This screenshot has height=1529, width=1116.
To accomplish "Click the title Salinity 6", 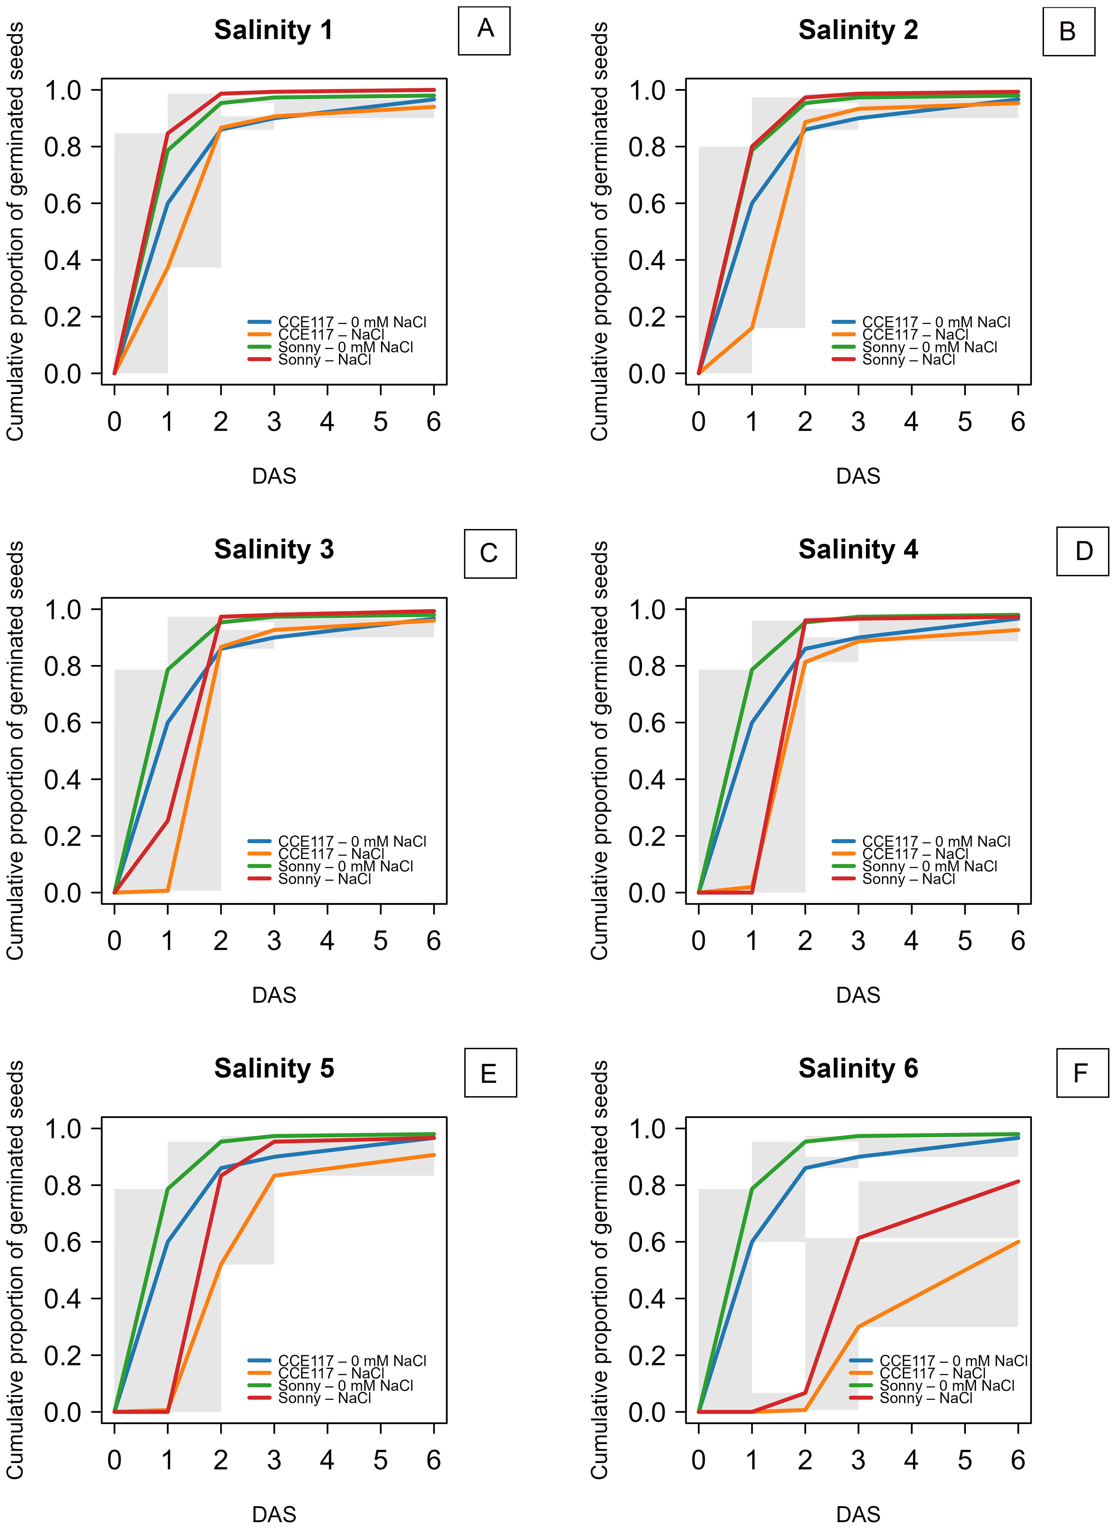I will tap(858, 1068).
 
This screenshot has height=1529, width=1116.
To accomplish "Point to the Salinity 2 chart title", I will tap(858, 31).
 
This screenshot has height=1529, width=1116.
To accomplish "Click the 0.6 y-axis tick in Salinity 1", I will tap(62, 203).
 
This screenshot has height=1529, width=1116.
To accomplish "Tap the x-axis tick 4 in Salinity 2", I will tap(911, 422).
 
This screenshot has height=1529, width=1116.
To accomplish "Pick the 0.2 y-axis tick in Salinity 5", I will tap(62, 1356).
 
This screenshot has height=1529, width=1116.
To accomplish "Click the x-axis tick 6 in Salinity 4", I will tap(1018, 941).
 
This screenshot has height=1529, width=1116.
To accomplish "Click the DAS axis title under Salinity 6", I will tap(858, 1514).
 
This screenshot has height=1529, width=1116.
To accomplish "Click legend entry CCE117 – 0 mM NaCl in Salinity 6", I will tap(953, 1361).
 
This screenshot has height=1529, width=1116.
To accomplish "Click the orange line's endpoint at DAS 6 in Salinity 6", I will tap(1018, 1242).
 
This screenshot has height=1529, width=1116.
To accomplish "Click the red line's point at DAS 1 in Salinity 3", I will tap(168, 821).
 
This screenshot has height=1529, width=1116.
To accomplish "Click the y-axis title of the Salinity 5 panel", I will tap(15, 1270).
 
